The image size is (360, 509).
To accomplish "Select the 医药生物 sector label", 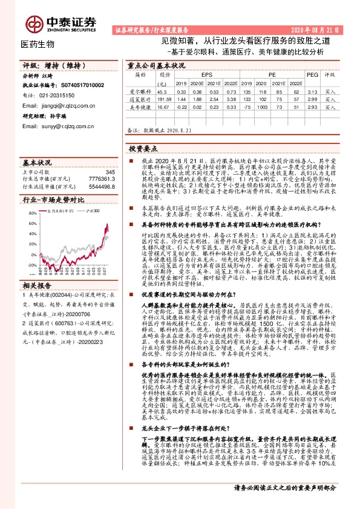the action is pyautogui.click(x=38, y=44).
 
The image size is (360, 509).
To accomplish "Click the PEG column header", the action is pyautogui.click(x=312, y=75).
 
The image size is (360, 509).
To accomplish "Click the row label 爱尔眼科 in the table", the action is pyautogui.click(x=140, y=91).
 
